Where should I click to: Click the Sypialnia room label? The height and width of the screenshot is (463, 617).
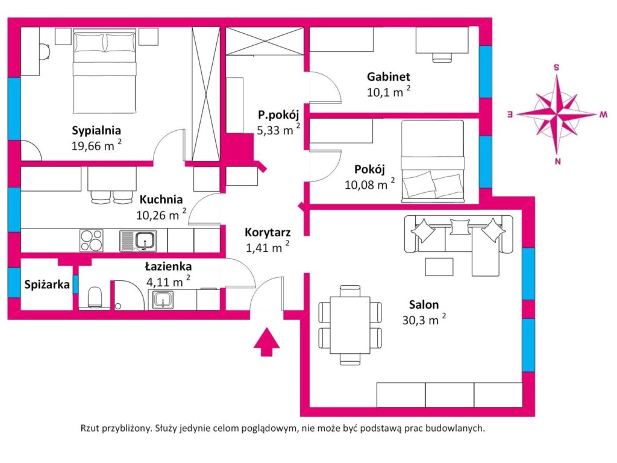pyautogui.click(x=96, y=130)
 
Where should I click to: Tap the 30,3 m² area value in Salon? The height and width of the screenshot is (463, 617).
pyautogui.click(x=424, y=320)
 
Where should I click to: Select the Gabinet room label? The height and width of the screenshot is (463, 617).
pyautogui.click(x=389, y=77)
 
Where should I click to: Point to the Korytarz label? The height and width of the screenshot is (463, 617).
pyautogui.click(x=268, y=232)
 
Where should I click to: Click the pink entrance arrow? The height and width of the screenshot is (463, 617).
pyautogui.click(x=267, y=341)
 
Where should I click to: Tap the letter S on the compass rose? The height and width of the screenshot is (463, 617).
pyautogui.click(x=556, y=68)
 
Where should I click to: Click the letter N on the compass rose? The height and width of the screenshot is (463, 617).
pyautogui.click(x=557, y=161)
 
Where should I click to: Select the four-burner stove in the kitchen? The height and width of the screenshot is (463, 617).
pyautogui.click(x=92, y=241)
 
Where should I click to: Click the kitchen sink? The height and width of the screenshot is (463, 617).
pyautogui.click(x=138, y=241)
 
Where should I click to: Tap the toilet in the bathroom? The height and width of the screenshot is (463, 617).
pyautogui.click(x=95, y=297)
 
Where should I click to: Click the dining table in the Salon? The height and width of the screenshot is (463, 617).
pyautogui.click(x=350, y=325)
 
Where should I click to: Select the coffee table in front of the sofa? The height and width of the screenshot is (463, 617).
pyautogui.click(x=439, y=266)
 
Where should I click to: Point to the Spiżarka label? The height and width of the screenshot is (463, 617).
pyautogui.click(x=47, y=285)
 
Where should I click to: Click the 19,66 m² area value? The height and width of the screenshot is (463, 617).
pyautogui.click(x=96, y=145)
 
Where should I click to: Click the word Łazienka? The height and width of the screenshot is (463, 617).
pyautogui.click(x=169, y=266)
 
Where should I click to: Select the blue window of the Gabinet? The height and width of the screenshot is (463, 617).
pyautogui.click(x=485, y=72)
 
